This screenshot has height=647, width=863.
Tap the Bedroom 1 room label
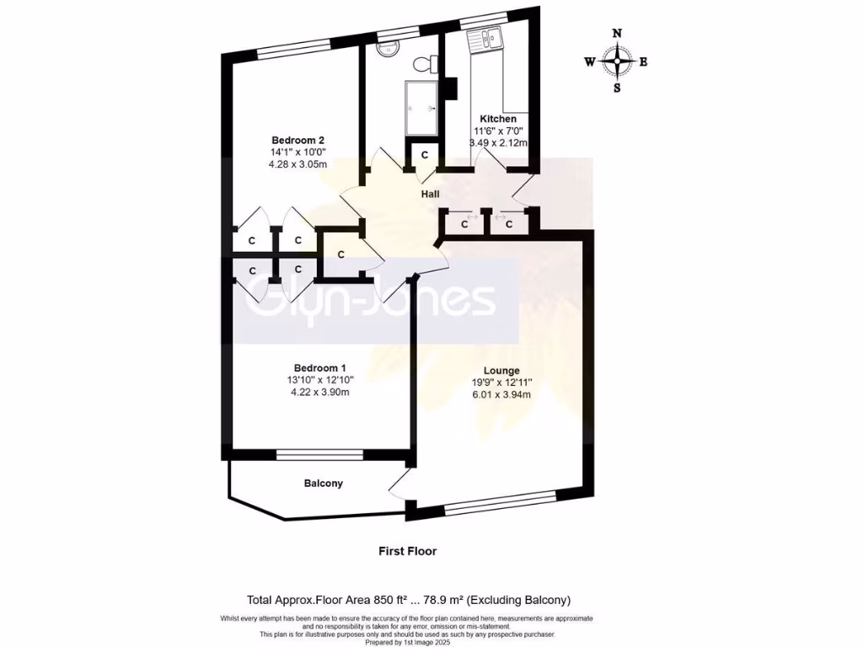[319, 367]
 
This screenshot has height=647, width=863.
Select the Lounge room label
[501, 371]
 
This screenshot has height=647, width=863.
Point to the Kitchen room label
[498, 119]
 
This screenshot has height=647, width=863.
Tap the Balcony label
[324, 484]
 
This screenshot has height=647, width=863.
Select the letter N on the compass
[618, 34]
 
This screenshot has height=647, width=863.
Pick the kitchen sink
[486, 37]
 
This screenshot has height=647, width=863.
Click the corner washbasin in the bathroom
[387, 48]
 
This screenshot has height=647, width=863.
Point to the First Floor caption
[407, 551]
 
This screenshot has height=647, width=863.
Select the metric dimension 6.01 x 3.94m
[501, 396]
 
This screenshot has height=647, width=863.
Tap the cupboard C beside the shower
[425, 155]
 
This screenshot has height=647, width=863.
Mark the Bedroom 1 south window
[319, 456]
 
